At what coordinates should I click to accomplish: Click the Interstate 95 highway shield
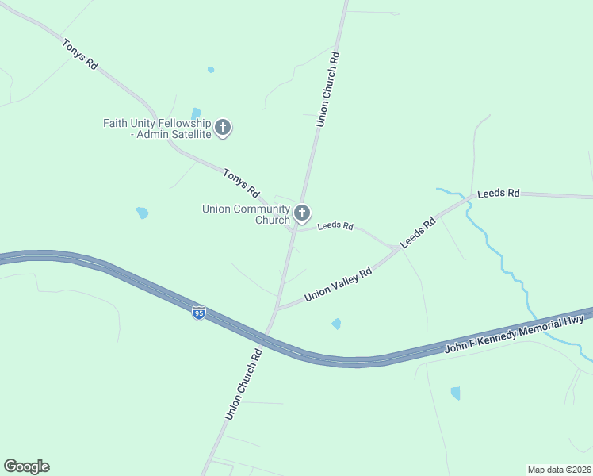pyautogui.click(x=199, y=313)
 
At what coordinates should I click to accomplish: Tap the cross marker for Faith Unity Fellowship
pyautogui.click(x=223, y=127)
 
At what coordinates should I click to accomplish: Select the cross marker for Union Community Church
pyautogui.click(x=301, y=213)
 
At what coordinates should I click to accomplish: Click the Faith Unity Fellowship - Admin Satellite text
pyautogui.click(x=157, y=129)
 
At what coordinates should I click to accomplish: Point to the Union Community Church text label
pyautogui.click(x=246, y=214)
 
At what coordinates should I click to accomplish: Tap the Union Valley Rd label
pyautogui.click(x=339, y=284)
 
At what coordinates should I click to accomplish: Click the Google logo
pyautogui.click(x=26, y=466)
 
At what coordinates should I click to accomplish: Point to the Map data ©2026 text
pyautogui.click(x=559, y=469)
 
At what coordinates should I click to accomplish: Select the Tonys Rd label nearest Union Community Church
pyautogui.click(x=242, y=183)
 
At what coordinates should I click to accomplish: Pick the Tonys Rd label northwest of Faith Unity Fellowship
pyautogui.click(x=80, y=55)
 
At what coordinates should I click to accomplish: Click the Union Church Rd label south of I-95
pyautogui.click(x=243, y=383)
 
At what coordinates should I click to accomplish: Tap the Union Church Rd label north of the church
pyautogui.click(x=327, y=90)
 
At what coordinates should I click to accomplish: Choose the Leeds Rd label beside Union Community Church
pyautogui.click(x=335, y=226)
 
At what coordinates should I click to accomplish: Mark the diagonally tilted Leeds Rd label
pyautogui.click(x=418, y=233)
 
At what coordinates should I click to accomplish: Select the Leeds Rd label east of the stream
pyautogui.click(x=499, y=193)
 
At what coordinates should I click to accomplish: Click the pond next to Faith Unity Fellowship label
pyautogui.click(x=196, y=113)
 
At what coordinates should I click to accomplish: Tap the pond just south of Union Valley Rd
pyautogui.click(x=336, y=324)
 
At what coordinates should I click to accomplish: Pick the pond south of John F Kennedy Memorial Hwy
pyautogui.click(x=455, y=393)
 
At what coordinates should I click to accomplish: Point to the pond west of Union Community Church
pyautogui.click(x=142, y=213)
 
